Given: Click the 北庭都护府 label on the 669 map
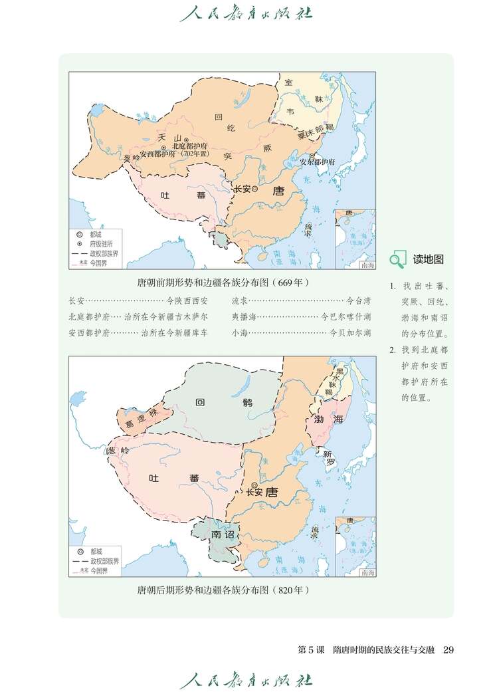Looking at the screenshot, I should [x=190, y=146].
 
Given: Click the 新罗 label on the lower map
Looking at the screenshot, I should [x=329, y=459].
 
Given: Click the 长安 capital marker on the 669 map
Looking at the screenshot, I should [x=254, y=189].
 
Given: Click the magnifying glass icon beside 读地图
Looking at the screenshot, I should [x=397, y=260].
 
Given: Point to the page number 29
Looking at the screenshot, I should [x=448, y=649].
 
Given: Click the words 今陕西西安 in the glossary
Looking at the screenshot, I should [x=187, y=301].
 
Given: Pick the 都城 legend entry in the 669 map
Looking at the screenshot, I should [x=96, y=235].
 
